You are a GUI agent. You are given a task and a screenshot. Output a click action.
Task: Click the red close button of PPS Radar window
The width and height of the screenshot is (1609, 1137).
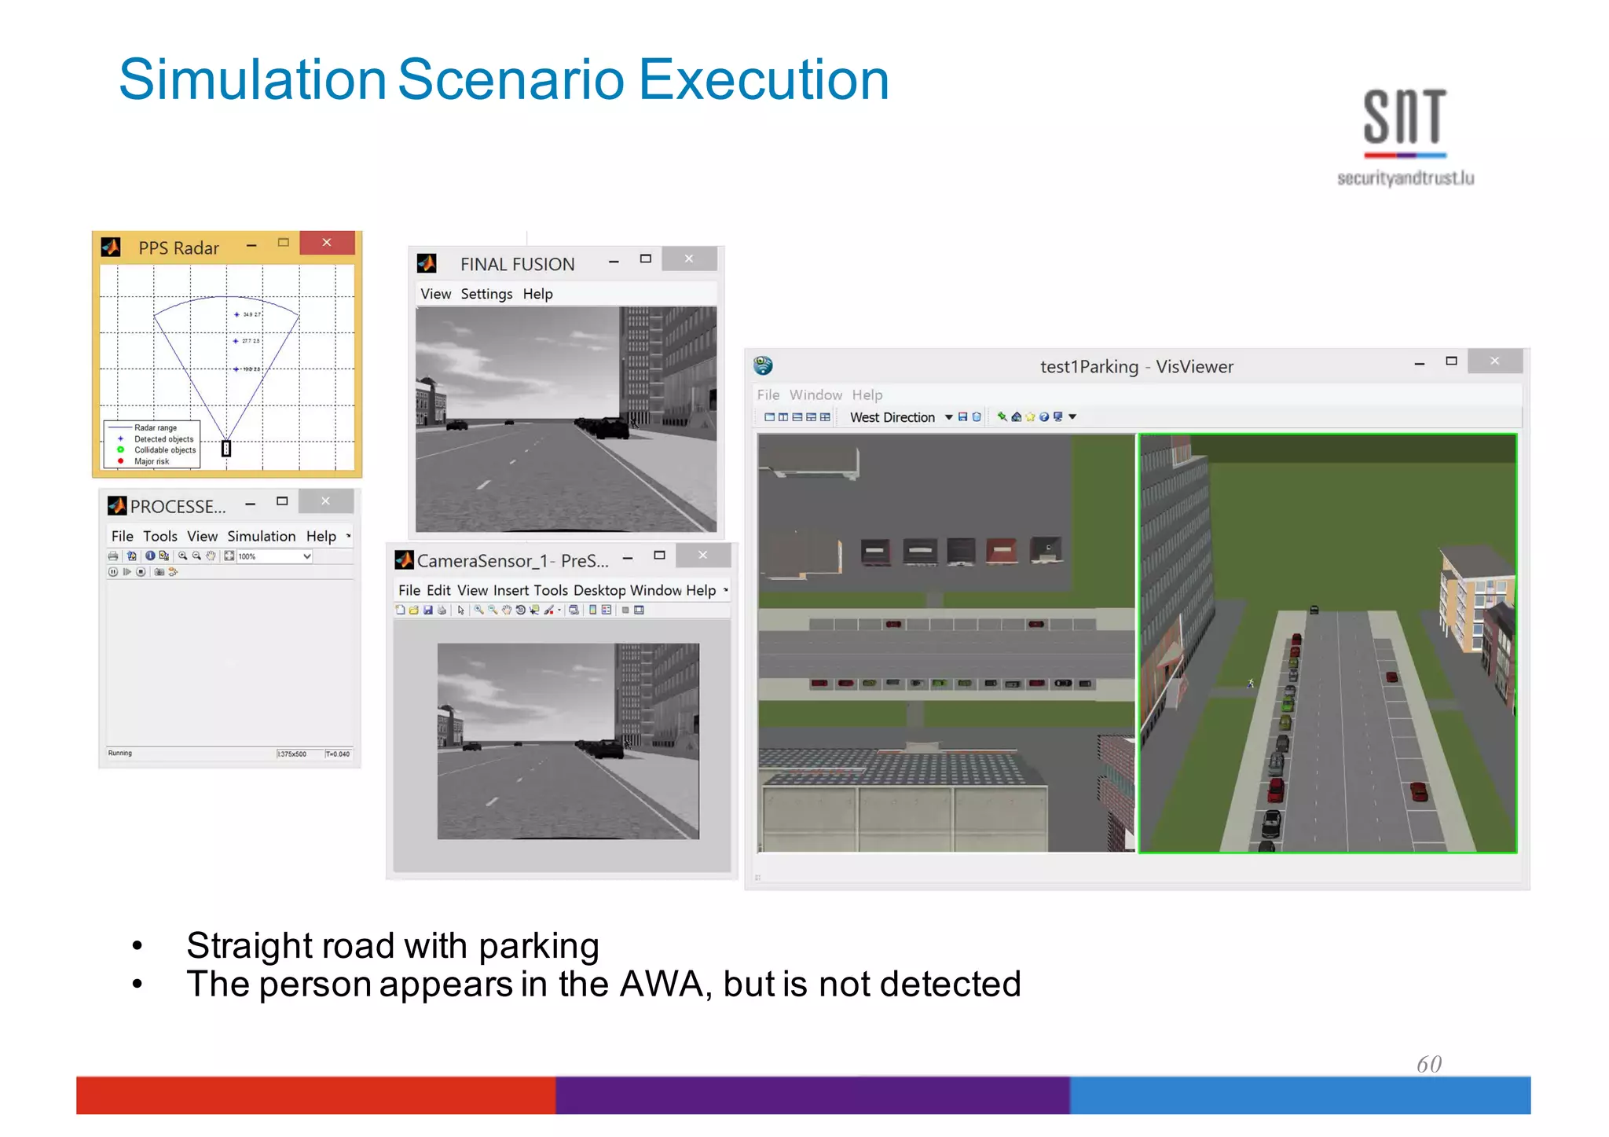pos(327,243)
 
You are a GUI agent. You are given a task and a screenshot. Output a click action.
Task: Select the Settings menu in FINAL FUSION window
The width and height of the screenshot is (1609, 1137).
pos(486,294)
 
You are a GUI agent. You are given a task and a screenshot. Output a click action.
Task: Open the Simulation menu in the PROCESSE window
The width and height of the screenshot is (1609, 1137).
pos(262,536)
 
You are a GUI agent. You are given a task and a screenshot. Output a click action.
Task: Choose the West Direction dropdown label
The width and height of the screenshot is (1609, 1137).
pos(892,417)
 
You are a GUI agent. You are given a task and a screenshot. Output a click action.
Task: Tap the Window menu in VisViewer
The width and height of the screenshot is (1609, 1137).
pos(815,394)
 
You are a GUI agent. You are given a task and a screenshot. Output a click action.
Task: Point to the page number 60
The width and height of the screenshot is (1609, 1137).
pos(1429,1064)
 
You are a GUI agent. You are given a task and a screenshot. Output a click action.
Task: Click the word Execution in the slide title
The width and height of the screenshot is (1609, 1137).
pos(764,79)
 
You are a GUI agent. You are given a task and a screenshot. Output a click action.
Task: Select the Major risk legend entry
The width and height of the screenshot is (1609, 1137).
pos(152,461)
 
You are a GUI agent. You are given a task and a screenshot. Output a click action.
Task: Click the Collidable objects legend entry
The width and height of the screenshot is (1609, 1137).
pos(165,450)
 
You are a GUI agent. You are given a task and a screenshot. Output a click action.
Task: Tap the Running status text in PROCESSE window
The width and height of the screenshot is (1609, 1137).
pos(120,753)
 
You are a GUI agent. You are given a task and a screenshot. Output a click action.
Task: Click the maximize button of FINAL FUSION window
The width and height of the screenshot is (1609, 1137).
pos(646,259)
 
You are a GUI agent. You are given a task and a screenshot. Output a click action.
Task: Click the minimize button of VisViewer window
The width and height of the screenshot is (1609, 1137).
pos(1420,363)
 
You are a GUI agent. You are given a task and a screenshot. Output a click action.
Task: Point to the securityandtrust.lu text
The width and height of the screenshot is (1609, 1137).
pos(1406,178)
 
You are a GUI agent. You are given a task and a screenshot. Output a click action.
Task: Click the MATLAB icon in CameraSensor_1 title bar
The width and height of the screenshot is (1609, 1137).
pos(405,560)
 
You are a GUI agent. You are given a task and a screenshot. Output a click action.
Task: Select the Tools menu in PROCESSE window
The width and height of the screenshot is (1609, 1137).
pos(160,536)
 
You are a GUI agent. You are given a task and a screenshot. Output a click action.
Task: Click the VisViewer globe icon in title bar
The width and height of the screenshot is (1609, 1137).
pos(763,365)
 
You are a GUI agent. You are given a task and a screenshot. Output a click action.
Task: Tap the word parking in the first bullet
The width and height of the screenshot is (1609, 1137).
pos(539,945)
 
